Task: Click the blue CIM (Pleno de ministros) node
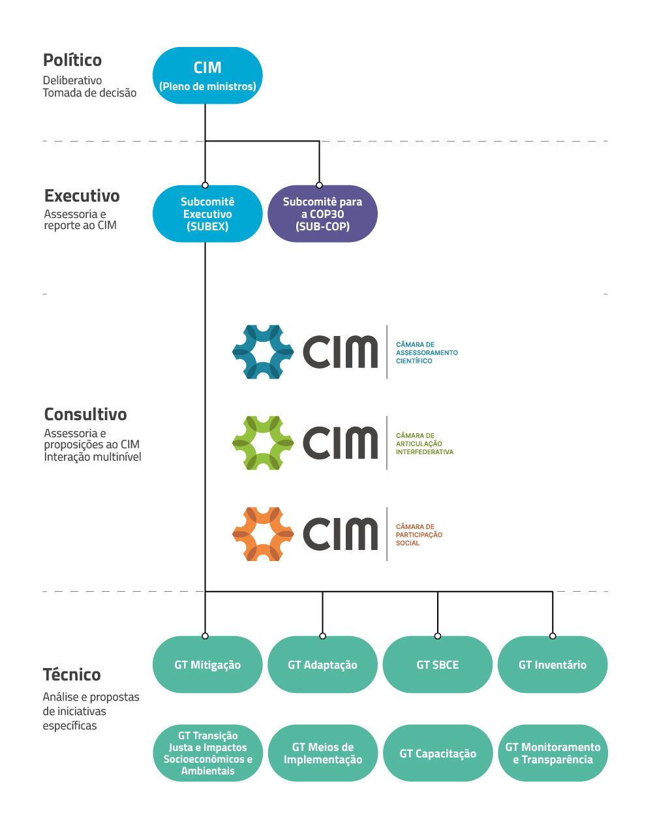(207, 76)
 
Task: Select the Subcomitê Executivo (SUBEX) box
(207, 214)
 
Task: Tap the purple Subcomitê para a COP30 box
(322, 214)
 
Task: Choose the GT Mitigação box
(207, 665)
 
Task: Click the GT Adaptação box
(322, 665)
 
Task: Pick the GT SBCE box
(438, 665)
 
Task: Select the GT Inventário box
(553, 665)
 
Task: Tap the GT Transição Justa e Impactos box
(207, 753)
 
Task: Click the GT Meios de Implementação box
(322, 753)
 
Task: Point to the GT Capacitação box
(438, 754)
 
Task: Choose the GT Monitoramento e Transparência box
(553, 753)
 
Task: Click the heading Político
(72, 60)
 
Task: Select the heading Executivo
(82, 196)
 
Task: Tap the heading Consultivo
(85, 414)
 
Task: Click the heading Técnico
(72, 675)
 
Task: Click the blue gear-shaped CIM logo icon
(263, 352)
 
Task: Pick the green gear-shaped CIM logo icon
(263, 443)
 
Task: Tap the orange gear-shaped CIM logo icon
(263, 534)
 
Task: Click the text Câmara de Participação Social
(419, 535)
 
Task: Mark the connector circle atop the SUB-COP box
(319, 185)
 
